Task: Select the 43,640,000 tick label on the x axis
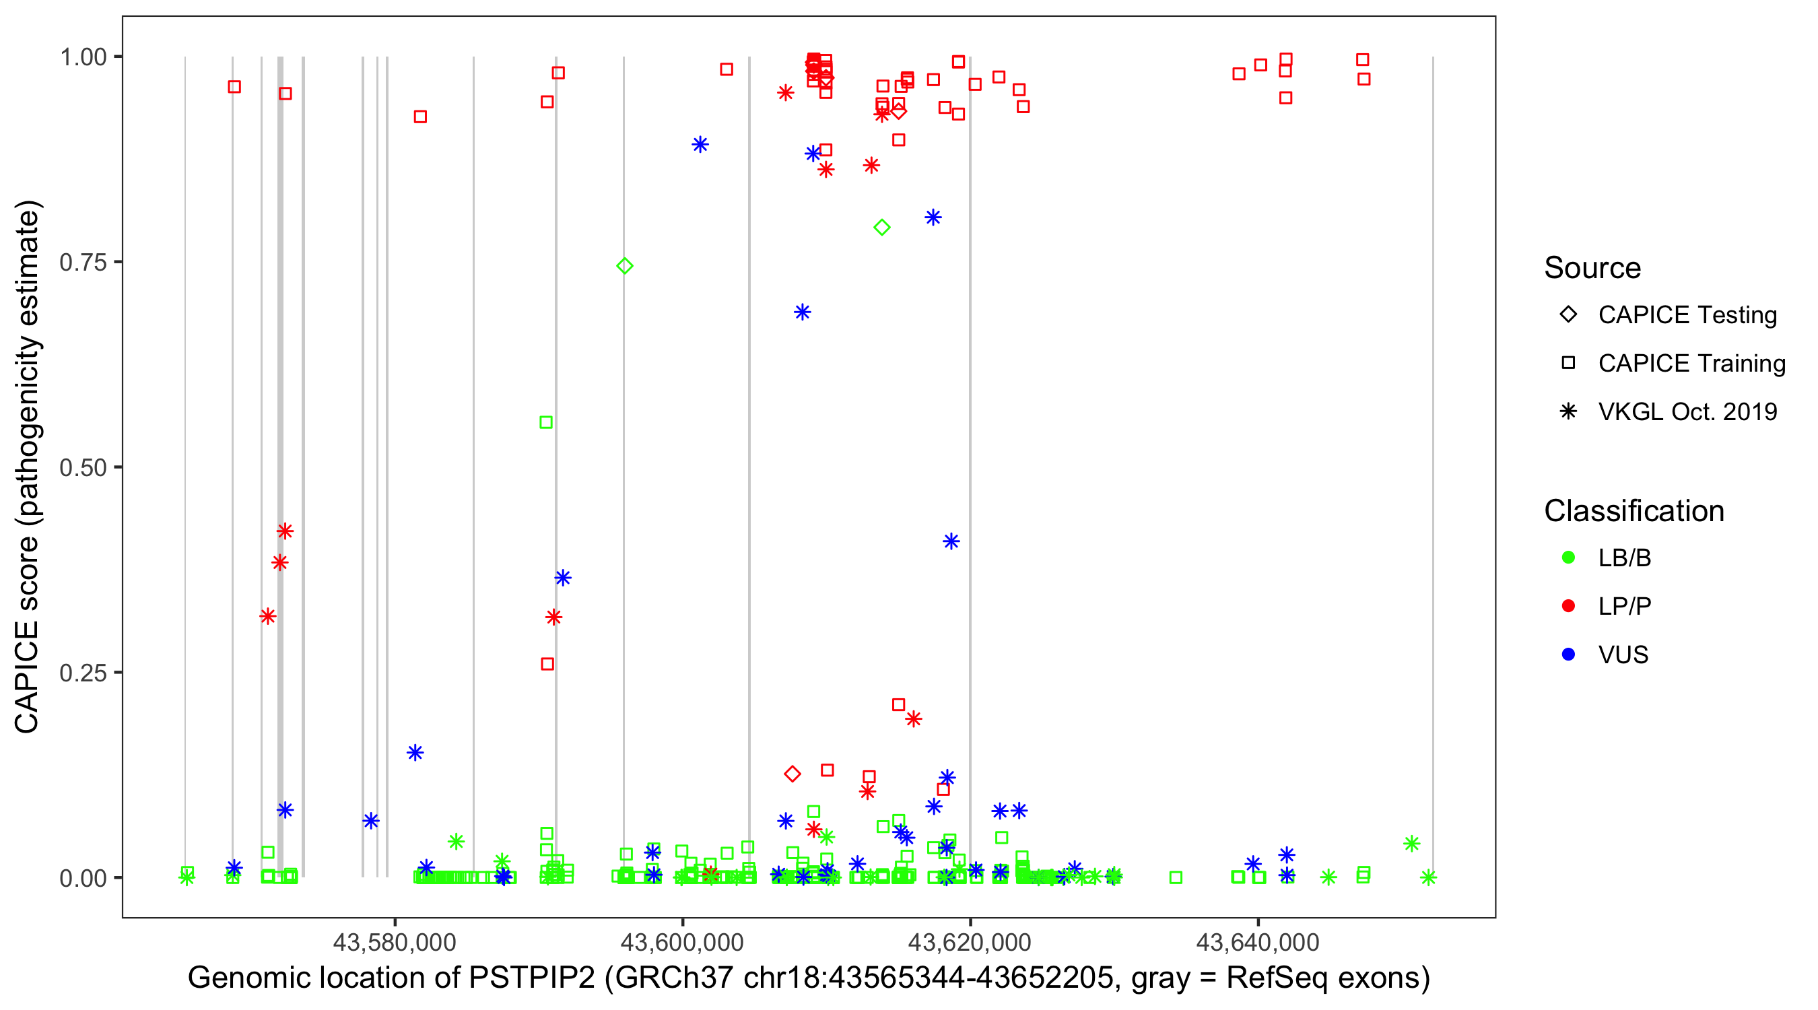pos(1257,941)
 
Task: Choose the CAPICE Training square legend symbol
pos(1568,364)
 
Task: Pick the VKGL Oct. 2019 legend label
pos(1687,411)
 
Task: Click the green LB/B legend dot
pos(1568,558)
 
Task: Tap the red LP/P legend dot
pos(1568,606)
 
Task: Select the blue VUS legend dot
pos(1568,655)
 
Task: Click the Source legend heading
pos(1592,268)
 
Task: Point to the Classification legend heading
pos(1634,511)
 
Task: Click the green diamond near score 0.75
pos(625,266)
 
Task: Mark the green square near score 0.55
pos(546,423)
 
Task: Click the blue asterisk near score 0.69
pos(803,312)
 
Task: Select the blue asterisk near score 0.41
pos(951,541)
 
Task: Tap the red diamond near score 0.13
pos(793,774)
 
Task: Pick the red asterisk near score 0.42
pos(285,531)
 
